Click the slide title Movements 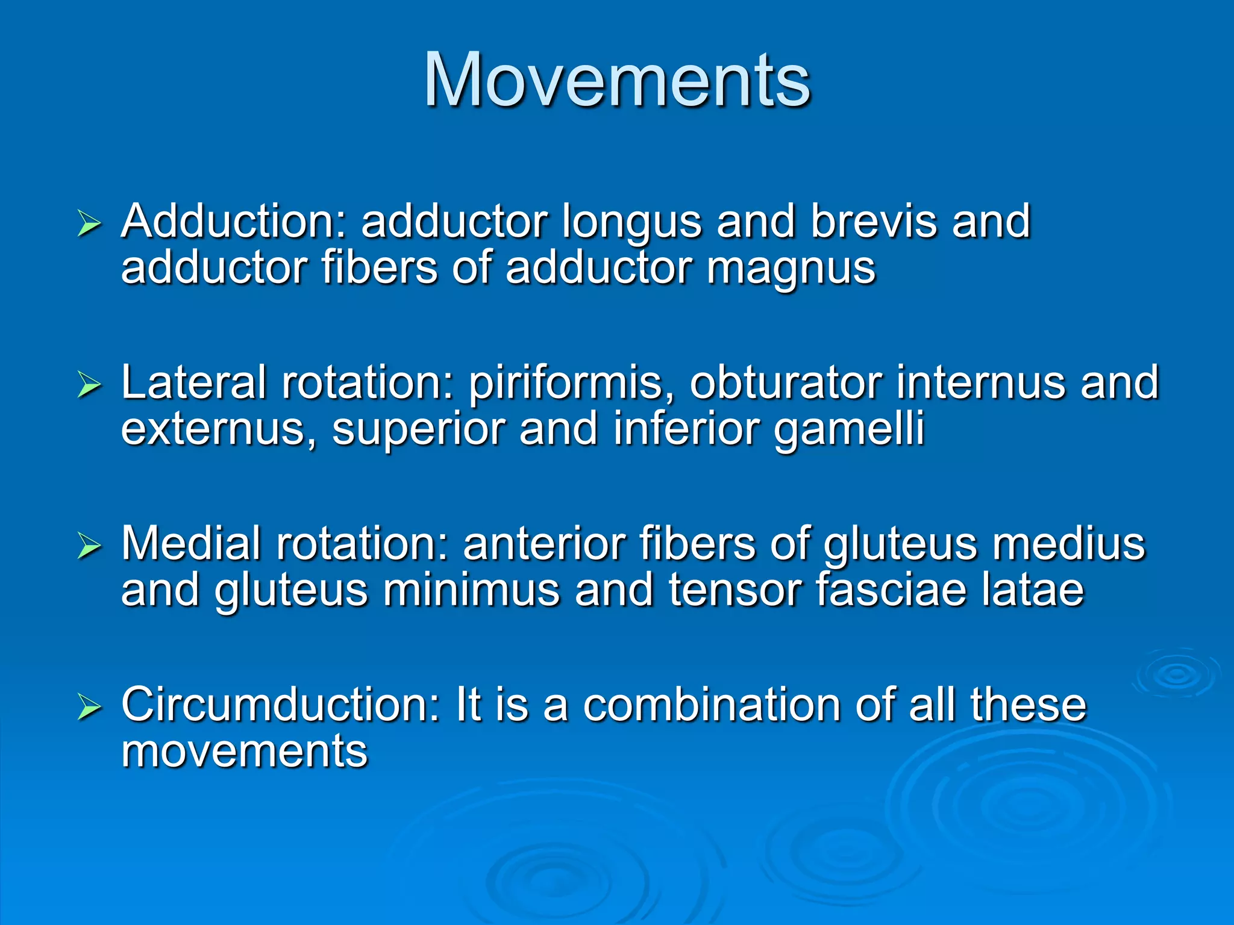617,80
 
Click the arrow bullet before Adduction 89,225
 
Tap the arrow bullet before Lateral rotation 89,385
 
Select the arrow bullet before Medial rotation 89,547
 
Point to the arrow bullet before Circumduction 89,708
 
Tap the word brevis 874,222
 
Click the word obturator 785,383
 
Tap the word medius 1068,544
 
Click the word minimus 471,590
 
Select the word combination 711,705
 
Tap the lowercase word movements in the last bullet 244,752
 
